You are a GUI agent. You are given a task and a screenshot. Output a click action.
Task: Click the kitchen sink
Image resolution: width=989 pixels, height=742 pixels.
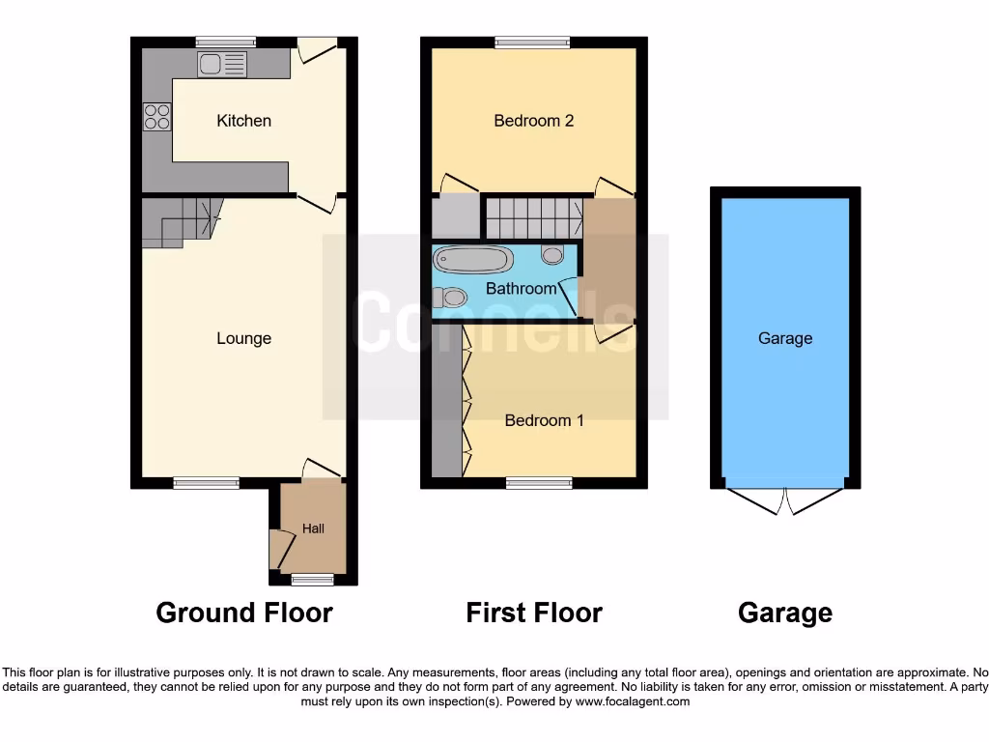(x=223, y=64)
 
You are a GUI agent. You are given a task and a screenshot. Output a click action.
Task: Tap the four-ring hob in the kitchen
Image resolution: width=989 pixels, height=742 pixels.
(x=157, y=117)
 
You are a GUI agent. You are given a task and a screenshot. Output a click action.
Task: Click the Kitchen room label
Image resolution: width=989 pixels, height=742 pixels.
(x=243, y=121)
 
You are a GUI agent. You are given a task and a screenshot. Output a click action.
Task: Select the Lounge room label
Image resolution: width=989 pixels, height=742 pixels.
(x=243, y=338)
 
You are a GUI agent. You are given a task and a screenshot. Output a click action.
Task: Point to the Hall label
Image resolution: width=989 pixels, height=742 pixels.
(x=313, y=528)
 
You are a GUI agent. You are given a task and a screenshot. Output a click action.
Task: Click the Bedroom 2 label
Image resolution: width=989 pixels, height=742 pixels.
(x=533, y=121)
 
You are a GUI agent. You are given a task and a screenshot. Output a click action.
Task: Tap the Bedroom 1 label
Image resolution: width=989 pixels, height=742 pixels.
(x=544, y=420)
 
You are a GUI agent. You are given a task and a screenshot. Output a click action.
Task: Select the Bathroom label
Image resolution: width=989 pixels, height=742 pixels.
(x=521, y=288)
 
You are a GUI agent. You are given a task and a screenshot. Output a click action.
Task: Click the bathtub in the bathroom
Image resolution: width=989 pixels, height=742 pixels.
(x=473, y=259)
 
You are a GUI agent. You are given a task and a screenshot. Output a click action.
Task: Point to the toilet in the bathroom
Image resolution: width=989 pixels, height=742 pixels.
(x=450, y=297)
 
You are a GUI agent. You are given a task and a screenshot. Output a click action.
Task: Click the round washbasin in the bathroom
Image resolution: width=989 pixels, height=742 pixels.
(x=552, y=255)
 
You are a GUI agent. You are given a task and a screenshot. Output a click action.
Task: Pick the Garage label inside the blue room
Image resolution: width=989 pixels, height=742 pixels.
(x=784, y=338)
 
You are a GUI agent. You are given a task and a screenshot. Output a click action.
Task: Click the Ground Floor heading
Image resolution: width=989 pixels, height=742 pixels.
(x=244, y=613)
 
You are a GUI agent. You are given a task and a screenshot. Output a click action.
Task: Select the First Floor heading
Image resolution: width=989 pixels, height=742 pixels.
(x=533, y=613)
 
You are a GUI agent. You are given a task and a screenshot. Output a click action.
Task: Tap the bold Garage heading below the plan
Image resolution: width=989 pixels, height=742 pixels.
(x=784, y=613)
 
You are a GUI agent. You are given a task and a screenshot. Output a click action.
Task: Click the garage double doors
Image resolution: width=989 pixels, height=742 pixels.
(x=785, y=500)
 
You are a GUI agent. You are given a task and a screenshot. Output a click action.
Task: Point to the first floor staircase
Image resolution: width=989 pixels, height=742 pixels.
(x=532, y=217)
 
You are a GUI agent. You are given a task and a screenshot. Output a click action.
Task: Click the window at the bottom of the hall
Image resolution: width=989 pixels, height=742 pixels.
(x=312, y=580)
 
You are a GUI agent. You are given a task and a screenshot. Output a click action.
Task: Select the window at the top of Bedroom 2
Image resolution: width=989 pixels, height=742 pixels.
(x=532, y=42)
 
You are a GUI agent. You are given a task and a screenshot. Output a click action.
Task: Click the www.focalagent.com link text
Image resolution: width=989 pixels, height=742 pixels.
(x=633, y=701)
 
